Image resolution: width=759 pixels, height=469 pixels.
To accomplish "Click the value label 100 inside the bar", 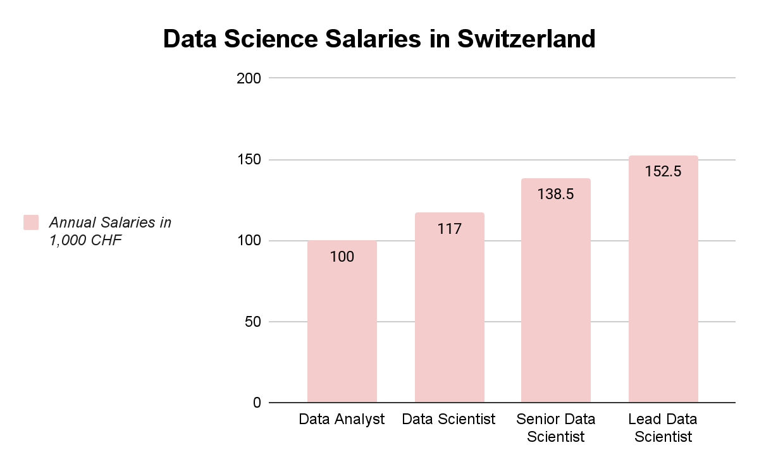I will [342, 257].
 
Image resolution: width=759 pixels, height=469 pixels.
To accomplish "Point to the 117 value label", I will [449, 229].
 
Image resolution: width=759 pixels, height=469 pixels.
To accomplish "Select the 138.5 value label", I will [556, 194].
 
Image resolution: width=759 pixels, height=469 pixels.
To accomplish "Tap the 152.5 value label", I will [663, 171].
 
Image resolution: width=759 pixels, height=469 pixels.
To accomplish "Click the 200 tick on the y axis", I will [249, 78].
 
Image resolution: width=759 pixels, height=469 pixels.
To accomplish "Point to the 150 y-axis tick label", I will [249, 160].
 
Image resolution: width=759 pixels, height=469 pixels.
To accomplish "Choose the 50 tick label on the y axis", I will [253, 322].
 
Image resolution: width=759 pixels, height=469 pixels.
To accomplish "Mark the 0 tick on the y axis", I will [257, 403].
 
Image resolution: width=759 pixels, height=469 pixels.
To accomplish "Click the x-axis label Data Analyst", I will [342, 420].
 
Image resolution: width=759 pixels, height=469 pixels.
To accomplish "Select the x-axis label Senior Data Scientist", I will [556, 428].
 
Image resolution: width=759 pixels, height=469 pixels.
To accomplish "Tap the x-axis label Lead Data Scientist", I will [663, 428].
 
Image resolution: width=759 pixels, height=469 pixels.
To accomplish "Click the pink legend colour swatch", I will [31, 222].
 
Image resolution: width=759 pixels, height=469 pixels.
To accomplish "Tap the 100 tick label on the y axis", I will [249, 241].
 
